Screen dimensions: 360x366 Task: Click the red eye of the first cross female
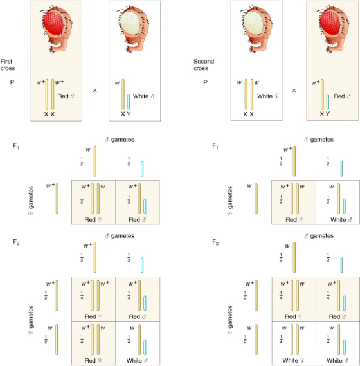[54, 23]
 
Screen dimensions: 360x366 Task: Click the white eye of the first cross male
[130, 23]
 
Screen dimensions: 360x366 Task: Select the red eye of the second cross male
[330, 23]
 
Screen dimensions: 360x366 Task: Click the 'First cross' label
[8, 65]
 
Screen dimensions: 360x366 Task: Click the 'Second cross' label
[203, 65]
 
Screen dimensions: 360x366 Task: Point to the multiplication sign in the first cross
[94, 90]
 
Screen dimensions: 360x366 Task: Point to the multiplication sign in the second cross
[294, 90]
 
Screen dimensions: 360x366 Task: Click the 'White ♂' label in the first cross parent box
[143, 96]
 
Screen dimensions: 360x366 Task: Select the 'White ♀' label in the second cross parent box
[267, 96]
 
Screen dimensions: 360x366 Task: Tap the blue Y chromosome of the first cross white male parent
[129, 102]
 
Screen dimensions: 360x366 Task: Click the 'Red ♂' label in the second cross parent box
[342, 96]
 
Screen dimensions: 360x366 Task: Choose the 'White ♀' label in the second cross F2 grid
[293, 360]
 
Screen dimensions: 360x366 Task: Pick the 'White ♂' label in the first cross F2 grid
[137, 361]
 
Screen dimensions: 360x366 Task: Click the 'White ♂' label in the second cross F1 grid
[341, 219]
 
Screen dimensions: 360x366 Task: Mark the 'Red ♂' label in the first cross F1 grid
[138, 219]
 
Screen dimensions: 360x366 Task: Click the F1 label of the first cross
[16, 146]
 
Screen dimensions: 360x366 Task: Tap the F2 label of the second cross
[215, 242]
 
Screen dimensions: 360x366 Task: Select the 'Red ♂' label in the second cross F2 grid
[337, 316]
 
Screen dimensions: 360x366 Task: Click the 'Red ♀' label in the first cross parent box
[66, 96]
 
